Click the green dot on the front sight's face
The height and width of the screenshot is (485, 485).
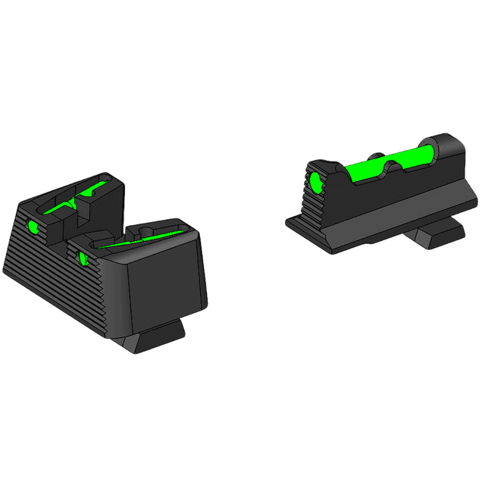pos(314,181)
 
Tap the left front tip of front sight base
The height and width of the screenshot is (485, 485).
pos(289,222)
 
